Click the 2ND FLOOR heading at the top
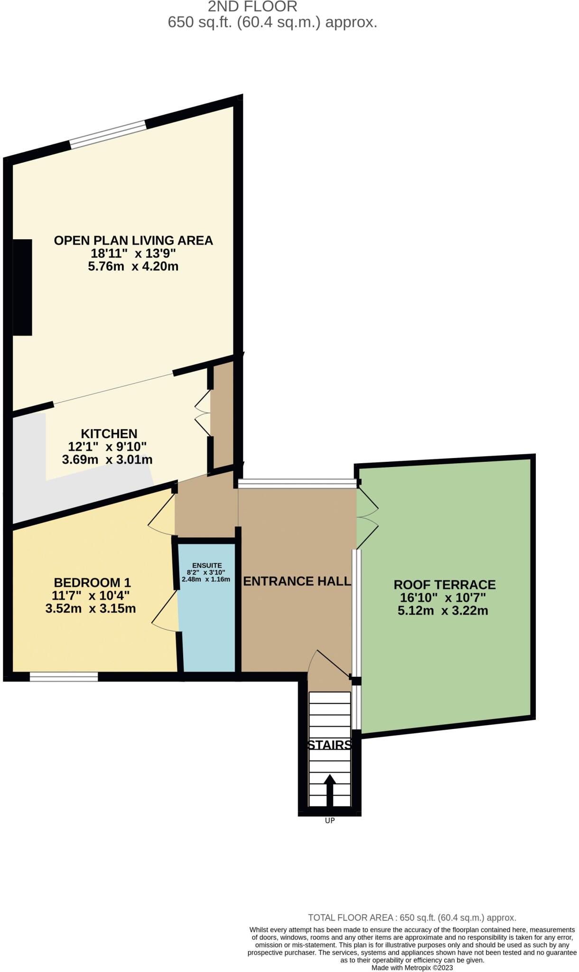(x=252, y=7)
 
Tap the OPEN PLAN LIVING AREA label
(x=133, y=241)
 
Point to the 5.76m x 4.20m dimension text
(x=133, y=266)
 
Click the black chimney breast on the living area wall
(x=22, y=287)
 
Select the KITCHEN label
(x=109, y=433)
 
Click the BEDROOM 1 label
(x=92, y=582)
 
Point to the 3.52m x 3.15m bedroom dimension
(x=91, y=608)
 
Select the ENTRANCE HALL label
(x=297, y=581)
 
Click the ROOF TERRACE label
(x=444, y=584)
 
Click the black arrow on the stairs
(x=329, y=790)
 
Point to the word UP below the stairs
(x=330, y=821)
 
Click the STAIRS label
(x=330, y=745)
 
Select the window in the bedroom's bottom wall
(x=64, y=677)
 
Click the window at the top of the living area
(x=108, y=134)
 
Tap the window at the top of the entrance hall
(x=297, y=484)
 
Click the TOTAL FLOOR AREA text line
(x=412, y=917)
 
